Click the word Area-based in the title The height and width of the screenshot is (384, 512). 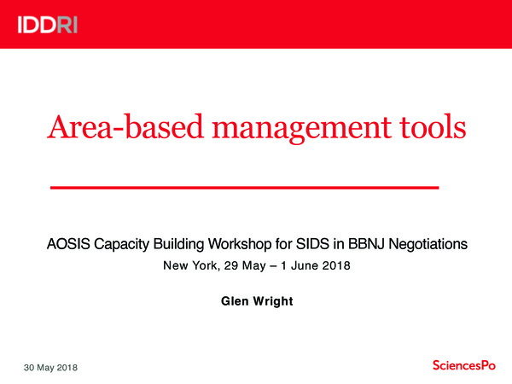pyautogui.click(x=107, y=129)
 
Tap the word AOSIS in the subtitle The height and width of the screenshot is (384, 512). pyautogui.click(x=66, y=244)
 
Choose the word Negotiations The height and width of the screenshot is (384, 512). pyautogui.click(x=426, y=244)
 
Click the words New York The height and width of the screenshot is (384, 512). pyautogui.click(x=189, y=266)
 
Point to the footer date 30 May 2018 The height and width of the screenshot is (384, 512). pyautogui.click(x=50, y=367)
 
